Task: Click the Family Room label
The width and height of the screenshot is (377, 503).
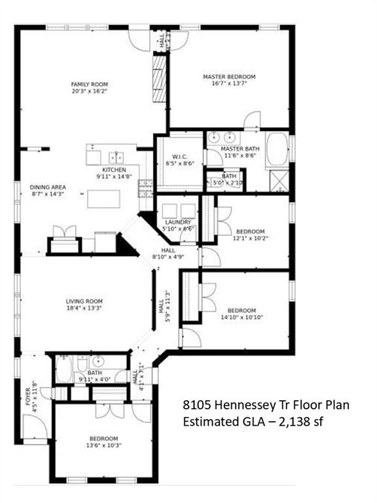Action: click(x=90, y=84)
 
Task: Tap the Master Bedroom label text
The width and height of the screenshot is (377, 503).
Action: click(x=229, y=77)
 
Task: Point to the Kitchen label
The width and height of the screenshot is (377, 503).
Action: click(x=114, y=169)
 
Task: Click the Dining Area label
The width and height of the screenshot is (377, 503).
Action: click(x=46, y=187)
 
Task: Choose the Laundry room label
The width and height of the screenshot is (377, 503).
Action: click(x=177, y=222)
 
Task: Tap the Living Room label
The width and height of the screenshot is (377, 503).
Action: click(x=83, y=301)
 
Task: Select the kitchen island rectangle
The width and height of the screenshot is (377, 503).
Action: click(x=104, y=198)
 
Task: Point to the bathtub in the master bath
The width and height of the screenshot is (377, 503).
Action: click(x=277, y=149)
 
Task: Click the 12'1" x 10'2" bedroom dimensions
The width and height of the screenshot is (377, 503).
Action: click(x=250, y=239)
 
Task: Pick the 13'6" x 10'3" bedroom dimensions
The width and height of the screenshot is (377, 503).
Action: click(x=104, y=446)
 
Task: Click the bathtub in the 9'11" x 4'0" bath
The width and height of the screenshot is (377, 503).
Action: click(x=64, y=369)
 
